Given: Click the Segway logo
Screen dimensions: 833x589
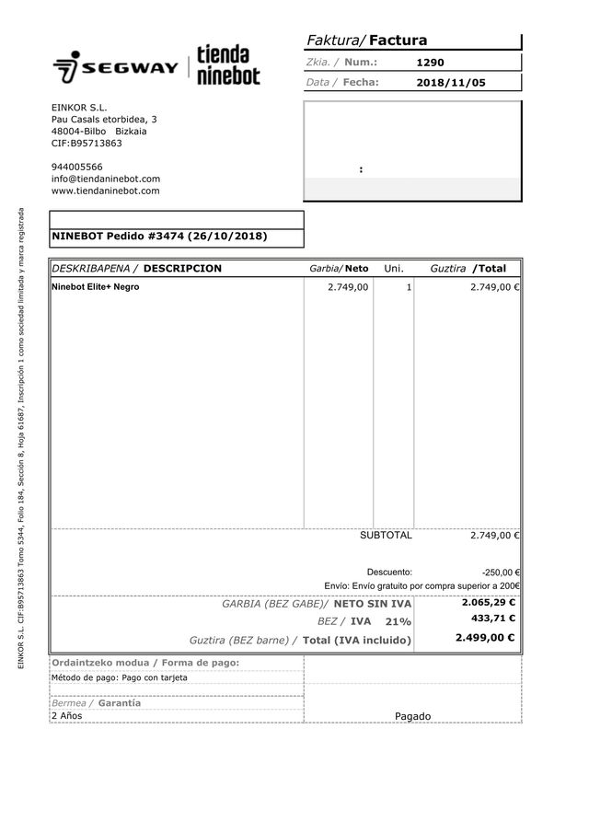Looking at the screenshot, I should click(116, 67).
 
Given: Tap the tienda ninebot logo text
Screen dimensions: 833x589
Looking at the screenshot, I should click(228, 65).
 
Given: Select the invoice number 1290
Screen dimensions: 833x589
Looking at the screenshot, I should click(430, 63).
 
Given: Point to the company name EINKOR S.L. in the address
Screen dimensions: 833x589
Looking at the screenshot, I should click(79, 108).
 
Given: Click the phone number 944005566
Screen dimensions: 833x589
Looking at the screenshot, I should click(76, 167).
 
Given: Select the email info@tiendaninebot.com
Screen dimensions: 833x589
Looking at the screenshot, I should click(106, 179).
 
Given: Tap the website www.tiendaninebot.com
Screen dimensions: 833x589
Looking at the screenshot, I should click(105, 191).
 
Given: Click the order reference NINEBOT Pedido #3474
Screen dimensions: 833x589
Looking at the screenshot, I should click(159, 236).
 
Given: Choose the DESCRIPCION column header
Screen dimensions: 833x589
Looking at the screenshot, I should click(182, 269).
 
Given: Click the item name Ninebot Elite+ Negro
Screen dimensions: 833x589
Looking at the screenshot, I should click(95, 287).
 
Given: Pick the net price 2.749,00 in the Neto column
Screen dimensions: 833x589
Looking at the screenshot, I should click(348, 287).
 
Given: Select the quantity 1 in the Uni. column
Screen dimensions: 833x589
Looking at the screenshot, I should click(409, 287).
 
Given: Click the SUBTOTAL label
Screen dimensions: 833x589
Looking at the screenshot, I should click(386, 536).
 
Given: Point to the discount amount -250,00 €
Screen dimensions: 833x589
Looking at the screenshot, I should click(501, 572).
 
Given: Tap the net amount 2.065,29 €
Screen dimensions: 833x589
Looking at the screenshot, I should click(488, 603).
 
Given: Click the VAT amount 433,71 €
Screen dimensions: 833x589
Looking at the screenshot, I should click(492, 619).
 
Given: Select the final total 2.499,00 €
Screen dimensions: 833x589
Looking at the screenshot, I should click(485, 637).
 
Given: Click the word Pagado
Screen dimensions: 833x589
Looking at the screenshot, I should click(412, 716).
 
